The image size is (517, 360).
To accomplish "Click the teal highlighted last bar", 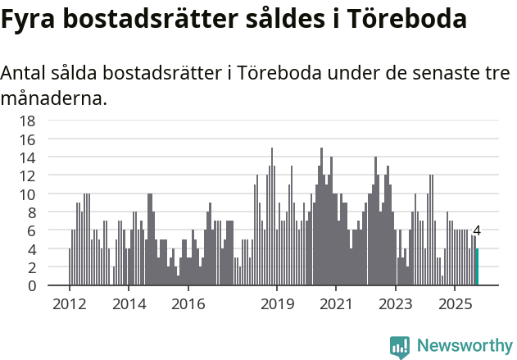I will [477, 267].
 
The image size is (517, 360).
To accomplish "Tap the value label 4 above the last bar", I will [477, 231].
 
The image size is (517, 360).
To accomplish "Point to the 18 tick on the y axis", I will [27, 121].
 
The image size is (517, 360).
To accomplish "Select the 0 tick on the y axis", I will [31, 285].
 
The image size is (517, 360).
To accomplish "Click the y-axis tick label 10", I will [27, 194].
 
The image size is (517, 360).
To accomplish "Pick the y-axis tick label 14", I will [27, 157].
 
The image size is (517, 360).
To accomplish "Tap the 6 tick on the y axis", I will [31, 230].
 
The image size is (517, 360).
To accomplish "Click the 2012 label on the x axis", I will [69, 304].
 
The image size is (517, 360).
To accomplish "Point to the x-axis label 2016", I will [188, 304].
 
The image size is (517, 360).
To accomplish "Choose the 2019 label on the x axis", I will [277, 304].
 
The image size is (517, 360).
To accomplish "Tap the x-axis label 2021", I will [336, 304].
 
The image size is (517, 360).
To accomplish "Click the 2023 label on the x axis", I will [396, 304].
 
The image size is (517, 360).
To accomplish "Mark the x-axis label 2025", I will [455, 304].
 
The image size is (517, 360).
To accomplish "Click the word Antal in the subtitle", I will [24, 74].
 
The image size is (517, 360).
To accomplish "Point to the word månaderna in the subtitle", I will [54, 99].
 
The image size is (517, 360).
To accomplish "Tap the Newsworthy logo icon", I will [400, 347].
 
